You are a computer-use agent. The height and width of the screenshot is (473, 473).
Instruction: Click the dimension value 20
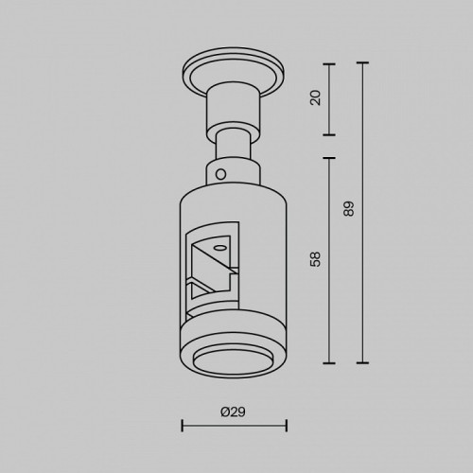[315, 97]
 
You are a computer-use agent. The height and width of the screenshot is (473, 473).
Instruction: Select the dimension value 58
[315, 259]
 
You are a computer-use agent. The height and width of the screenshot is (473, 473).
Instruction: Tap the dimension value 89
[349, 209]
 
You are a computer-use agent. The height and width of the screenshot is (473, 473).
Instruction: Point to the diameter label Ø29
[233, 412]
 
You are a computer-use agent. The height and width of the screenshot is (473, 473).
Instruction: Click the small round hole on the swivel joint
[221, 174]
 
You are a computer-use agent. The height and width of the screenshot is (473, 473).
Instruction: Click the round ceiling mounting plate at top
[234, 74]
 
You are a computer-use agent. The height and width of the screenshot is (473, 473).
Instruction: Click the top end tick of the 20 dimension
[329, 64]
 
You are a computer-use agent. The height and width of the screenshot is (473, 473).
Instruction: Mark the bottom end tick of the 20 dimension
[329, 134]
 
